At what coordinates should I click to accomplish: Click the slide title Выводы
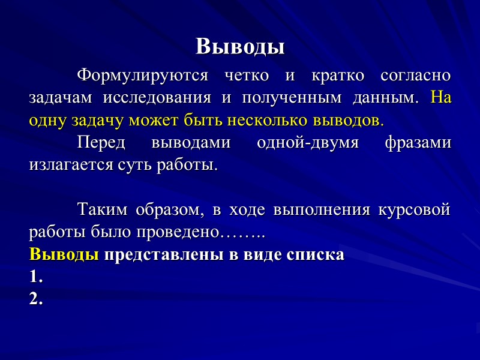(x=240, y=46)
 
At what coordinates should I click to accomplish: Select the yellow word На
(x=441, y=97)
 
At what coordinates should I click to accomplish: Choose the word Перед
(x=101, y=142)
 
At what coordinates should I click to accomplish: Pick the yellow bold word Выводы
(x=64, y=254)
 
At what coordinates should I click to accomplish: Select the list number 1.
(x=35, y=277)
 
